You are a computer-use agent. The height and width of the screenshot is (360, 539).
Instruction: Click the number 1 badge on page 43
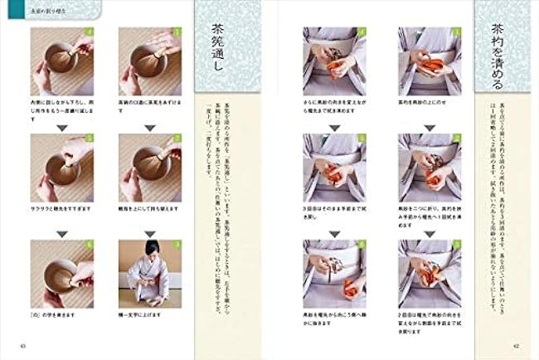click(177, 32)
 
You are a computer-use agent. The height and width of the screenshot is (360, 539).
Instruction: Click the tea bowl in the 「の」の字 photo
click(59, 275)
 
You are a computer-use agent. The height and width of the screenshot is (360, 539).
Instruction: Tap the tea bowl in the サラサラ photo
click(59, 171)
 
